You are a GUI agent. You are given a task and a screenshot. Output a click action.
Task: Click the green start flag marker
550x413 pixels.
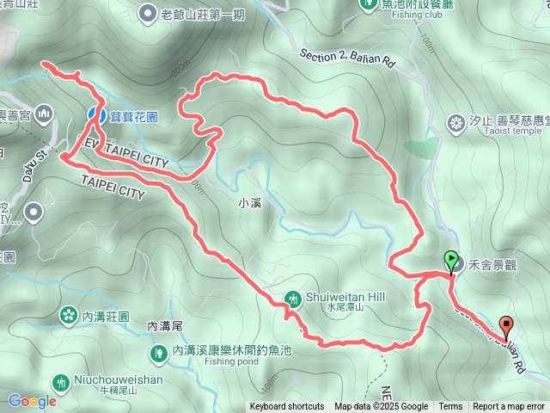click(x=451, y=259)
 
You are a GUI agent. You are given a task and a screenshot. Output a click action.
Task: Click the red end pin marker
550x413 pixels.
click(x=506, y=326)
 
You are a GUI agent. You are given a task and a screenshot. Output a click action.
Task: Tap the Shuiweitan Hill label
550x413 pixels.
click(x=346, y=296)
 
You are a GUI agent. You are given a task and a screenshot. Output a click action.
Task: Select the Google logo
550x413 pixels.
click(x=32, y=401)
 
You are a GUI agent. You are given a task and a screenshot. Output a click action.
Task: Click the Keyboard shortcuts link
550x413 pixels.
click(x=287, y=407)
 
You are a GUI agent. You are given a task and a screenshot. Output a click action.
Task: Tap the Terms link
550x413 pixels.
click(x=450, y=407)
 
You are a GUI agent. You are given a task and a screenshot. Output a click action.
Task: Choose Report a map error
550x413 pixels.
click(x=509, y=407)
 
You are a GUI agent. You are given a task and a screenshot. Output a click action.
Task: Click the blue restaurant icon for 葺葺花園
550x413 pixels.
click(x=96, y=114)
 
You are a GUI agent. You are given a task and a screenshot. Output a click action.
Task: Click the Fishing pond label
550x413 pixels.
click(x=231, y=361)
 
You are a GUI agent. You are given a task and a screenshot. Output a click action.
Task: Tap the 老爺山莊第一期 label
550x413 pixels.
click(x=204, y=14)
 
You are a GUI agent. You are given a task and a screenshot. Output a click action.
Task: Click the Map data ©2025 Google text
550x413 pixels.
click(x=382, y=407)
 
